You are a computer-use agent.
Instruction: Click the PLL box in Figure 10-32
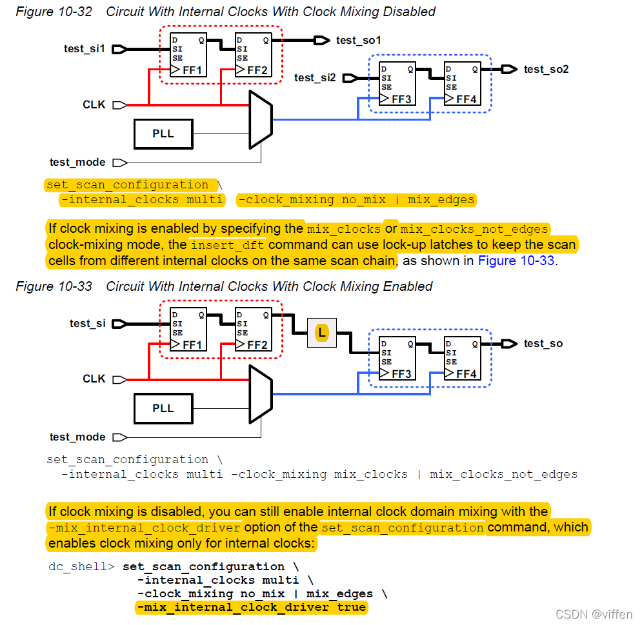(163, 134)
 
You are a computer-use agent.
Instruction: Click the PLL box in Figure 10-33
(163, 408)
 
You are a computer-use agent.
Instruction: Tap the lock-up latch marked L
(321, 333)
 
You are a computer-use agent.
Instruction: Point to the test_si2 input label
(315, 78)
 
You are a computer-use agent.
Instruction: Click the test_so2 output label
(546, 69)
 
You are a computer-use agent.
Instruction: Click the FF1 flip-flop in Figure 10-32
(188, 55)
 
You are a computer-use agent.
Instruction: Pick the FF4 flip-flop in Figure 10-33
(461, 358)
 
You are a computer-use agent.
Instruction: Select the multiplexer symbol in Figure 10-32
(260, 119)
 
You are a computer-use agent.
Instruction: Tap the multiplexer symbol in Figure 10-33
(261, 394)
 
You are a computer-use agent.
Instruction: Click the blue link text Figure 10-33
(516, 261)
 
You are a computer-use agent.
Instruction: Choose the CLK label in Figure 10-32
(94, 104)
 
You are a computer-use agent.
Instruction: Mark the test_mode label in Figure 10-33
(77, 437)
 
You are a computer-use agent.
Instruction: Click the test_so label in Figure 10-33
(543, 344)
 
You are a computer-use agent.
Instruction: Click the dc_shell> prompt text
(81, 567)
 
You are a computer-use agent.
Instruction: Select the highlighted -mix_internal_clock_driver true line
(251, 608)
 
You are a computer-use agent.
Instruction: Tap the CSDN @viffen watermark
(594, 614)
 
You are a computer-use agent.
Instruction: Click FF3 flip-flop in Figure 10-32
(397, 84)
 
